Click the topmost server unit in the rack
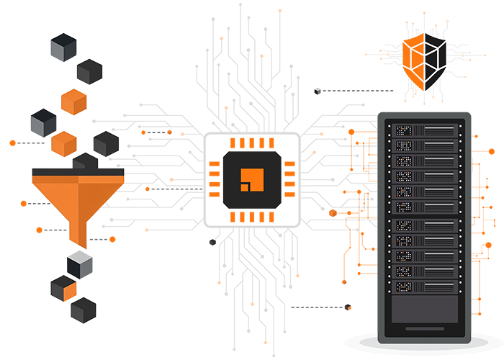pyautogui.click(x=424, y=131)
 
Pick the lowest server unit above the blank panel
pyautogui.click(x=424, y=287)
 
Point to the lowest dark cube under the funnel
pyautogui.click(x=84, y=310)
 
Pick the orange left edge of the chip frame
pyautogui.click(x=214, y=178)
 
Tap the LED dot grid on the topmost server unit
pyautogui.click(x=402, y=131)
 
